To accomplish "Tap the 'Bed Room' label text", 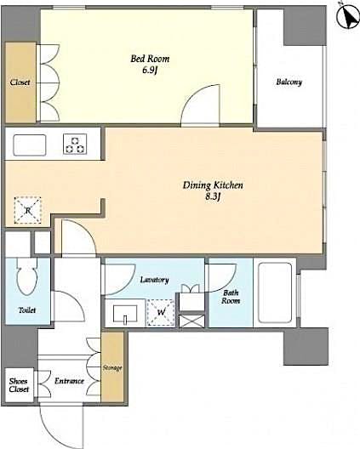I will click(x=150, y=59).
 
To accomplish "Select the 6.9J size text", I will click(x=150, y=71).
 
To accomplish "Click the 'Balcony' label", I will click(x=289, y=82).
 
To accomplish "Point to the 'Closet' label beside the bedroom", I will click(x=20, y=82).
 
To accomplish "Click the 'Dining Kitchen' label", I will click(x=214, y=184).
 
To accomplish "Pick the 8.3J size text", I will click(x=214, y=196).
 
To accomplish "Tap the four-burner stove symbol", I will click(x=76, y=145).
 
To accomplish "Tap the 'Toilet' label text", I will click(x=27, y=311).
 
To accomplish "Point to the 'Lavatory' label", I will click(x=155, y=280).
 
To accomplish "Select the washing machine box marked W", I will click(x=159, y=314).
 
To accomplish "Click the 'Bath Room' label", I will click(x=231, y=296).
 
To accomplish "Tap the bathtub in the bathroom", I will click(x=274, y=292).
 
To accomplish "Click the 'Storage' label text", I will click(x=113, y=367).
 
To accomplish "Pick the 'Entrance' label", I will click(x=68, y=380).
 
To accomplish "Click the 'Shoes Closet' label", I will click(x=19, y=385).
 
